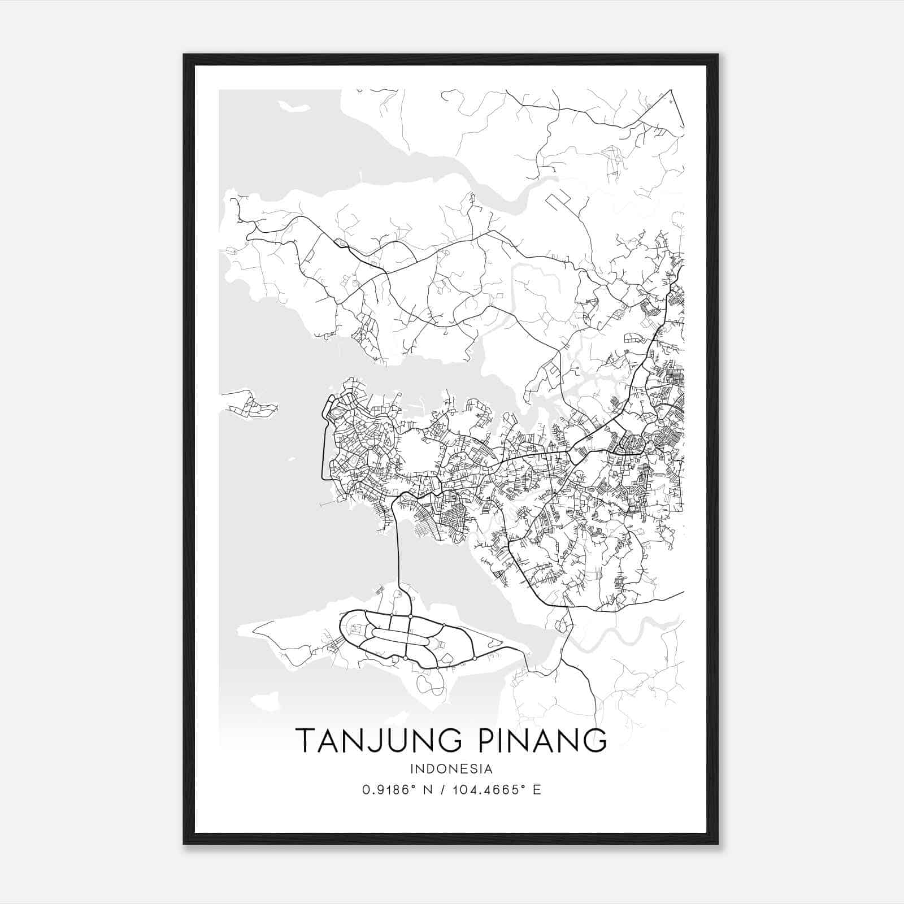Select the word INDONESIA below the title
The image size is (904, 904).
pos(451,769)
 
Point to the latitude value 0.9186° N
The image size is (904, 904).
pos(397,790)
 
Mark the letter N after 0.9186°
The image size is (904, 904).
pos(428,790)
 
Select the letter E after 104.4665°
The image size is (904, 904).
pos(537,790)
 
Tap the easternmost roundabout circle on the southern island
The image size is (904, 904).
pos(475,658)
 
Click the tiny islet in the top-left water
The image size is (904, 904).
pos(290,106)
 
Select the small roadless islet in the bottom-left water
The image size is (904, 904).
pos(265,702)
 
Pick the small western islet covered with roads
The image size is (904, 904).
pos(249,403)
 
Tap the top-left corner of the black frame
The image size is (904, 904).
pos(185,55)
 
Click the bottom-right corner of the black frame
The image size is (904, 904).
pos(717,843)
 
